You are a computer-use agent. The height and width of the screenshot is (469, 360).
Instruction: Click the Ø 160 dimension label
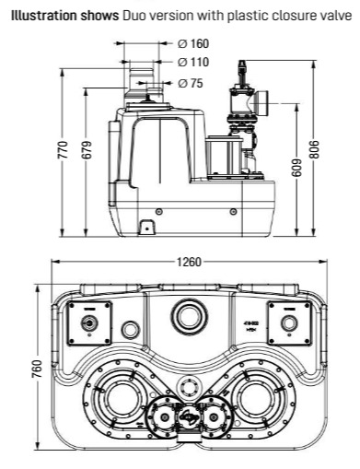[x=193, y=43]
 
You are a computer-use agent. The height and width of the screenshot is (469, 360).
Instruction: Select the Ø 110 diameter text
[x=193, y=62]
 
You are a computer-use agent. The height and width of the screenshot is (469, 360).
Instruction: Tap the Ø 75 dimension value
[x=191, y=83]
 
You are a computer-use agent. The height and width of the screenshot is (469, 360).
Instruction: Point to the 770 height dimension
[x=63, y=149]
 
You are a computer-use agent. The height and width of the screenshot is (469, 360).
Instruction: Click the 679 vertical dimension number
[x=87, y=149]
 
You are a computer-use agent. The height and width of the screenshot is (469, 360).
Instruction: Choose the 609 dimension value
[x=296, y=168]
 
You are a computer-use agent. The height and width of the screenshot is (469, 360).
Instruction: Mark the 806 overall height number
[x=314, y=149]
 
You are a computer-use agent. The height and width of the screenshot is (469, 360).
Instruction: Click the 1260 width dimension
[x=190, y=262]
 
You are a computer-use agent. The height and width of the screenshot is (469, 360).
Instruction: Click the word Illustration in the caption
[x=44, y=16]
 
